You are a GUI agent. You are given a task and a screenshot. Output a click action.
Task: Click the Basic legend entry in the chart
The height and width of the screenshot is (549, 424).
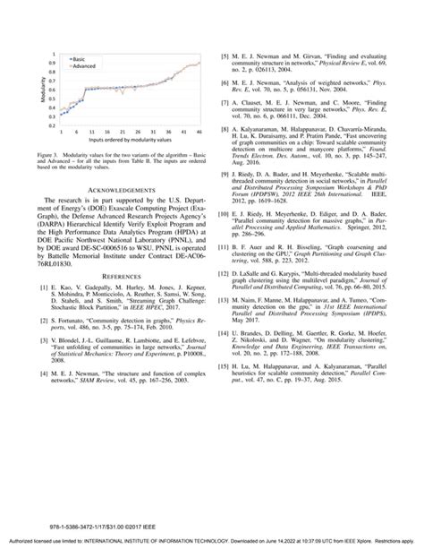(78, 59)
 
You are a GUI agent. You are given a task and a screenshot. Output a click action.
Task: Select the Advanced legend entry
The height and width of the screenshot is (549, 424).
(83, 66)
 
